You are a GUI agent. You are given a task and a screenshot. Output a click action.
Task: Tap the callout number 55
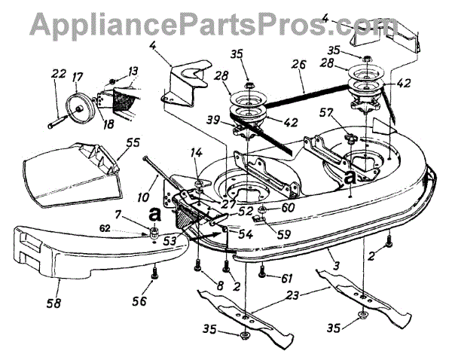coord(133,141)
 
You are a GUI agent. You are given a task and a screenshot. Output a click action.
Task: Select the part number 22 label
coord(57,73)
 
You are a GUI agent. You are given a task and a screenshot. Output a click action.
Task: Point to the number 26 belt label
coord(302,66)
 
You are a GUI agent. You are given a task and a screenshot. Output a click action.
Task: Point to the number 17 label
coord(75,76)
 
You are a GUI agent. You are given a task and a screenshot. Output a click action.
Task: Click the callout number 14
coord(197,153)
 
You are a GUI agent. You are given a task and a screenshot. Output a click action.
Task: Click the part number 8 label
coord(199,285)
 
